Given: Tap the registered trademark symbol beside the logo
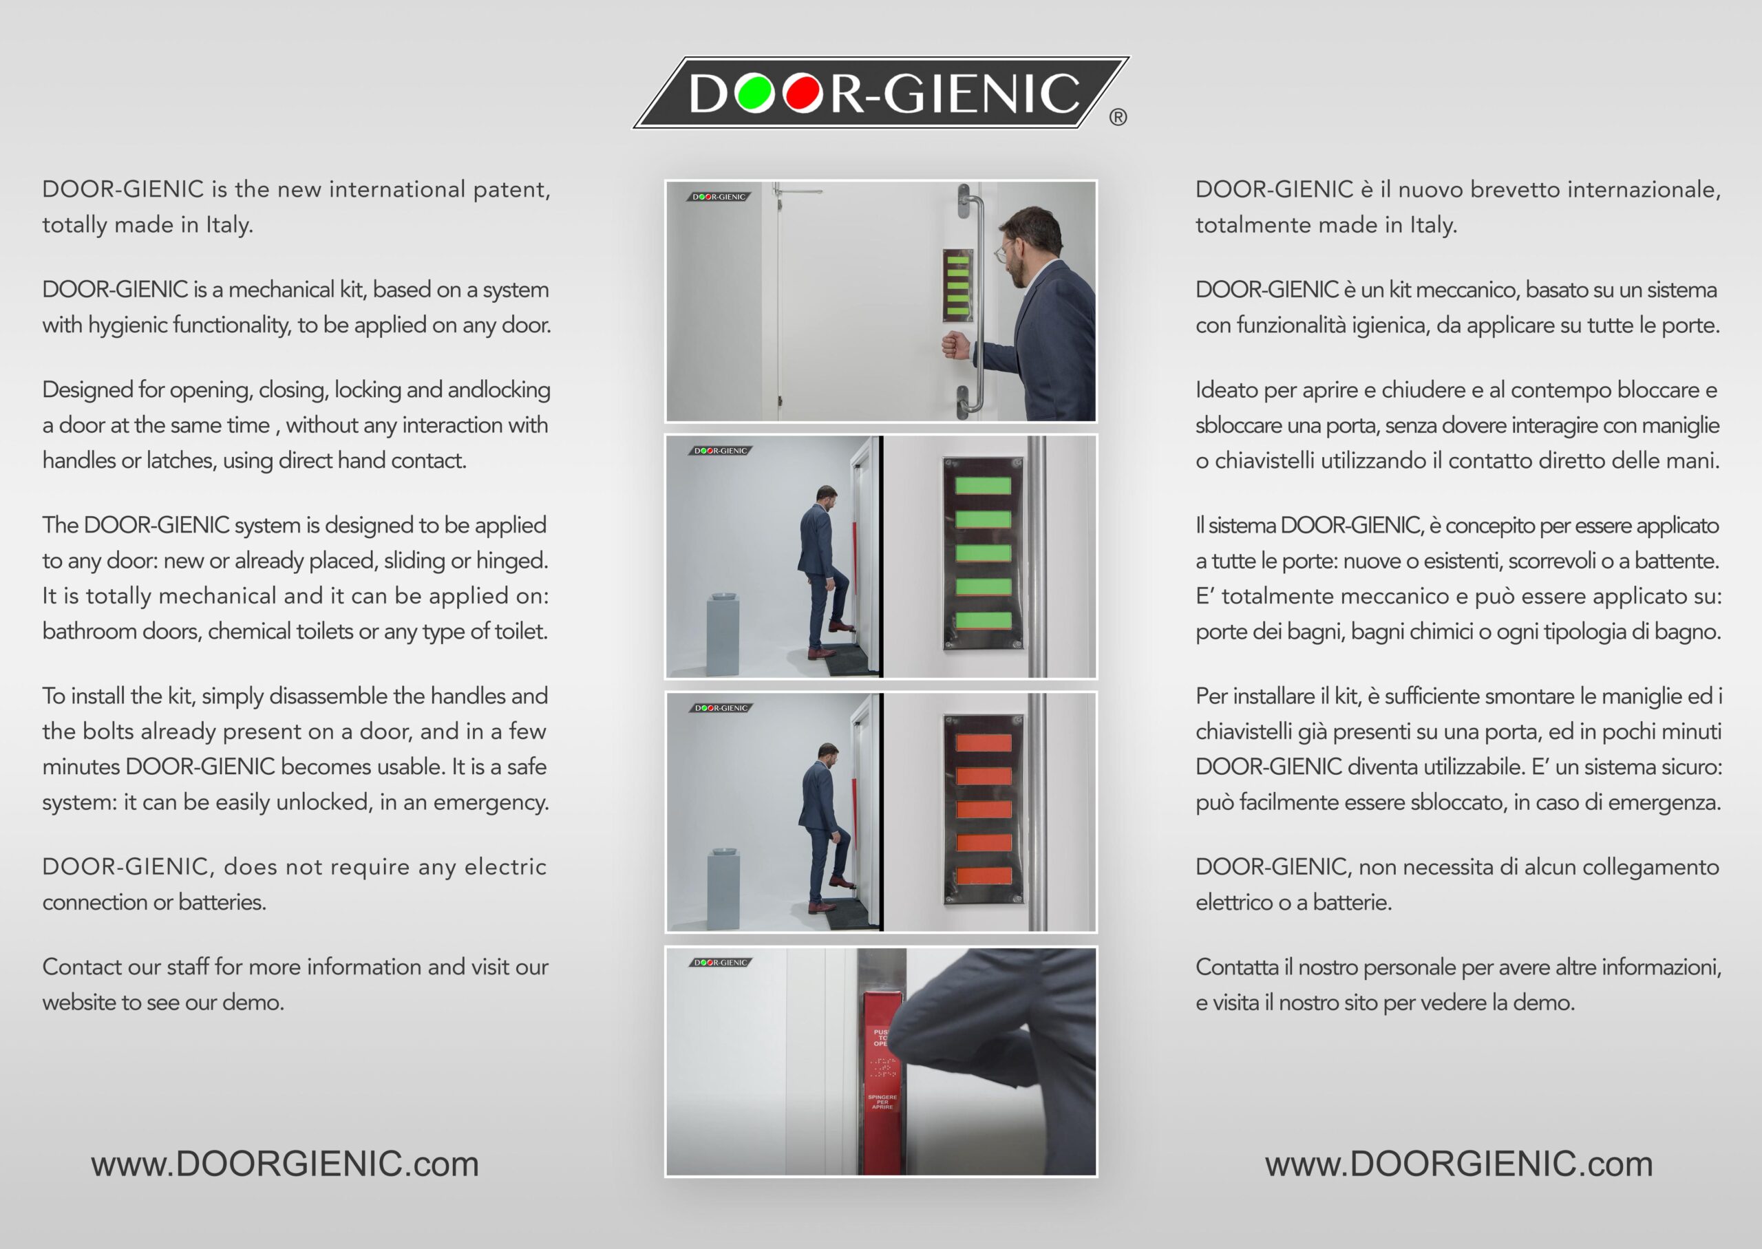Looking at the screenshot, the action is pos(1118,118).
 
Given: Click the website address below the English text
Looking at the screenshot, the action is pos(284,1164).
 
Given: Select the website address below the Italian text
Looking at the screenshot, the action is pos(1459,1164).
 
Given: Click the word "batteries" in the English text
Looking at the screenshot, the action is pos(222,902).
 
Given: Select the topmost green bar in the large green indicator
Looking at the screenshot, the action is pos(983,485).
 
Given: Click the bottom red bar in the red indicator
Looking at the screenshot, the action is pos(983,875).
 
